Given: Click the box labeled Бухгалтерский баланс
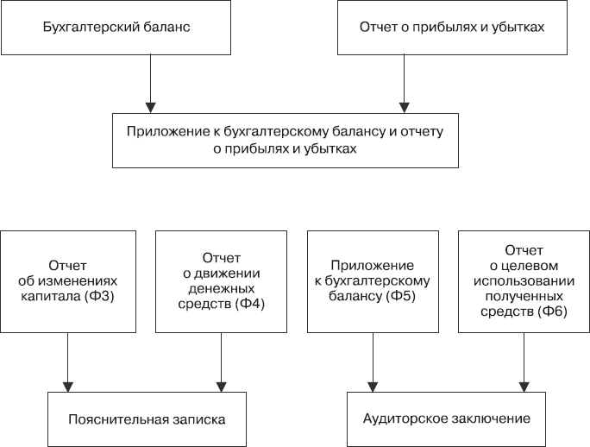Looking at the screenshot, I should coord(116,27).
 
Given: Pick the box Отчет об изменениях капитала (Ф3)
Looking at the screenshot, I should coord(67,280).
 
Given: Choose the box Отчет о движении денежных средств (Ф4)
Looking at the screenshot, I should coord(222,280).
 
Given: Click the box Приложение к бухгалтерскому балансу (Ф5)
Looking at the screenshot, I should coord(373,280).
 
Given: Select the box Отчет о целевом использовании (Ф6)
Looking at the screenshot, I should coord(523,280).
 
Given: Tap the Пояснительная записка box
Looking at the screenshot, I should coord(146,419).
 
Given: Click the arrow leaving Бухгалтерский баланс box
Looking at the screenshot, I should coord(151,83).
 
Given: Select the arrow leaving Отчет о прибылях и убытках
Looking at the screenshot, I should coord(403,83).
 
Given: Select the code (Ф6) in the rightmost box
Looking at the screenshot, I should coord(552,311).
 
